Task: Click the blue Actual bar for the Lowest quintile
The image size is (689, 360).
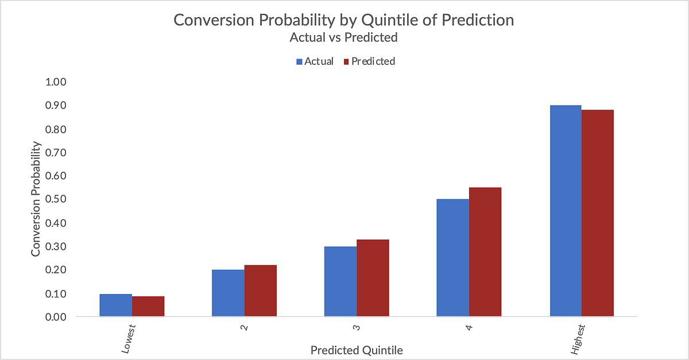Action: pos(115,305)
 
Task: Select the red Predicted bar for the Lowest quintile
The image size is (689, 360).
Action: pos(148,306)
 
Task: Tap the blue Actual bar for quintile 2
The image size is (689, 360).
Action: pos(228,293)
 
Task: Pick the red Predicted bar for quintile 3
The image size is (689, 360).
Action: pos(373,278)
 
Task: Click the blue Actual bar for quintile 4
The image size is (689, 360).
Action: pos(452,258)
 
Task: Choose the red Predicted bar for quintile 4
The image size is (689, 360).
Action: pos(485,251)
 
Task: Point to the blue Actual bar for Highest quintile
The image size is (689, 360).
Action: pos(566,211)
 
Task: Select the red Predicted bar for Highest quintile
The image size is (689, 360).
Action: pos(598,213)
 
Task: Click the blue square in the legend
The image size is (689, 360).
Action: pos(299,61)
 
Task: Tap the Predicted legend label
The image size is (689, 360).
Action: pos(373,61)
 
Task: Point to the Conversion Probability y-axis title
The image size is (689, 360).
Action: pos(36,199)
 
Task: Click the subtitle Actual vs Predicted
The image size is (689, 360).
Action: pos(344,38)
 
